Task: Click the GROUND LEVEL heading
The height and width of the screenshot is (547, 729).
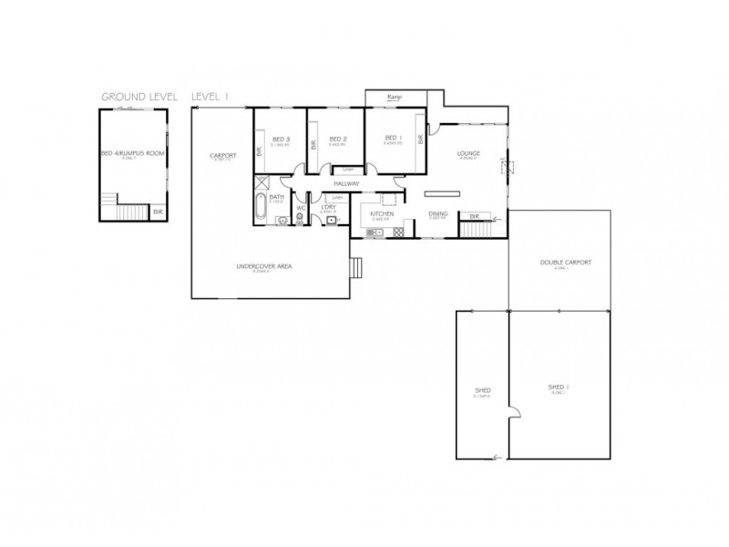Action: (x=139, y=96)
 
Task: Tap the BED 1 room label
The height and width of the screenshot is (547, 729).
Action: (x=393, y=139)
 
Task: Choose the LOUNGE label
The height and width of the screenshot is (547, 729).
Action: (x=469, y=153)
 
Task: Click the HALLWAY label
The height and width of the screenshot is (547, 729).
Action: (x=348, y=184)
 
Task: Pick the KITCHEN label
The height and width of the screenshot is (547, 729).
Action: (x=382, y=214)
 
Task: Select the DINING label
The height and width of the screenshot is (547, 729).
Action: (x=437, y=214)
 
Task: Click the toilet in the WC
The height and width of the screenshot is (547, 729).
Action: (x=300, y=220)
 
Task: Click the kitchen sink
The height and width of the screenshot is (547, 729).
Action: (x=373, y=234)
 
